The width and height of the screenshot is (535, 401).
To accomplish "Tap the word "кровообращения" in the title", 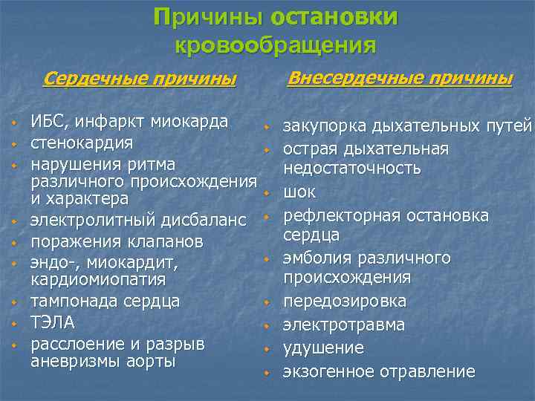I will (275, 45).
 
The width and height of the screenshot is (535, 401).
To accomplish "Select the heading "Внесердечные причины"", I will (399, 77).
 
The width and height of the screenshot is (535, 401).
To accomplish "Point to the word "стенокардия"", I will (82, 142).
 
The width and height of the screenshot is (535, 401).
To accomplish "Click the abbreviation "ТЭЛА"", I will (52, 323).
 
